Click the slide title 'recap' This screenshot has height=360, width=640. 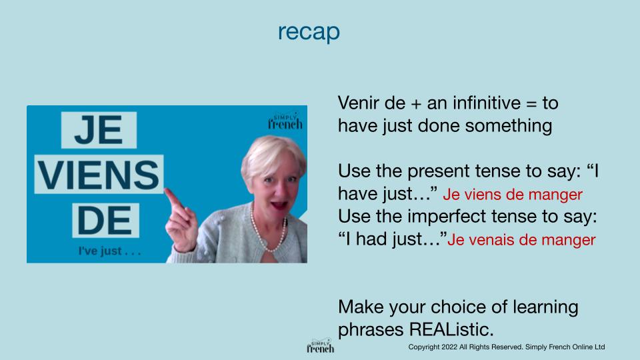[x=309, y=32]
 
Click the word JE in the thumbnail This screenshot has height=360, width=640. [x=99, y=130]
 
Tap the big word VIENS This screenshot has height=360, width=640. [x=99, y=175]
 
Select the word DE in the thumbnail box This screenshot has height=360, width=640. [x=105, y=221]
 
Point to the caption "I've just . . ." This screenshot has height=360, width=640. [x=109, y=251]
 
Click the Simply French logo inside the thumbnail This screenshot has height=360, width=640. [x=285, y=121]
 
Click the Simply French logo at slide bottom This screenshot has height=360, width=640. [x=321, y=345]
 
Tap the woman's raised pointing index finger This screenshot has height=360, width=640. [x=174, y=200]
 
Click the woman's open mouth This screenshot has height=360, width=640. [x=279, y=204]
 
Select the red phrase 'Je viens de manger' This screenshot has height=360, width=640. [x=513, y=195]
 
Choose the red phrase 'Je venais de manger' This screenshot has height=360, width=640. [x=521, y=240]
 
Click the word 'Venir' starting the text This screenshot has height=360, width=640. [x=359, y=103]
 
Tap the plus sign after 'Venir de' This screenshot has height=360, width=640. [x=416, y=104]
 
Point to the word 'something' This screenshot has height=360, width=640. [x=509, y=126]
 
